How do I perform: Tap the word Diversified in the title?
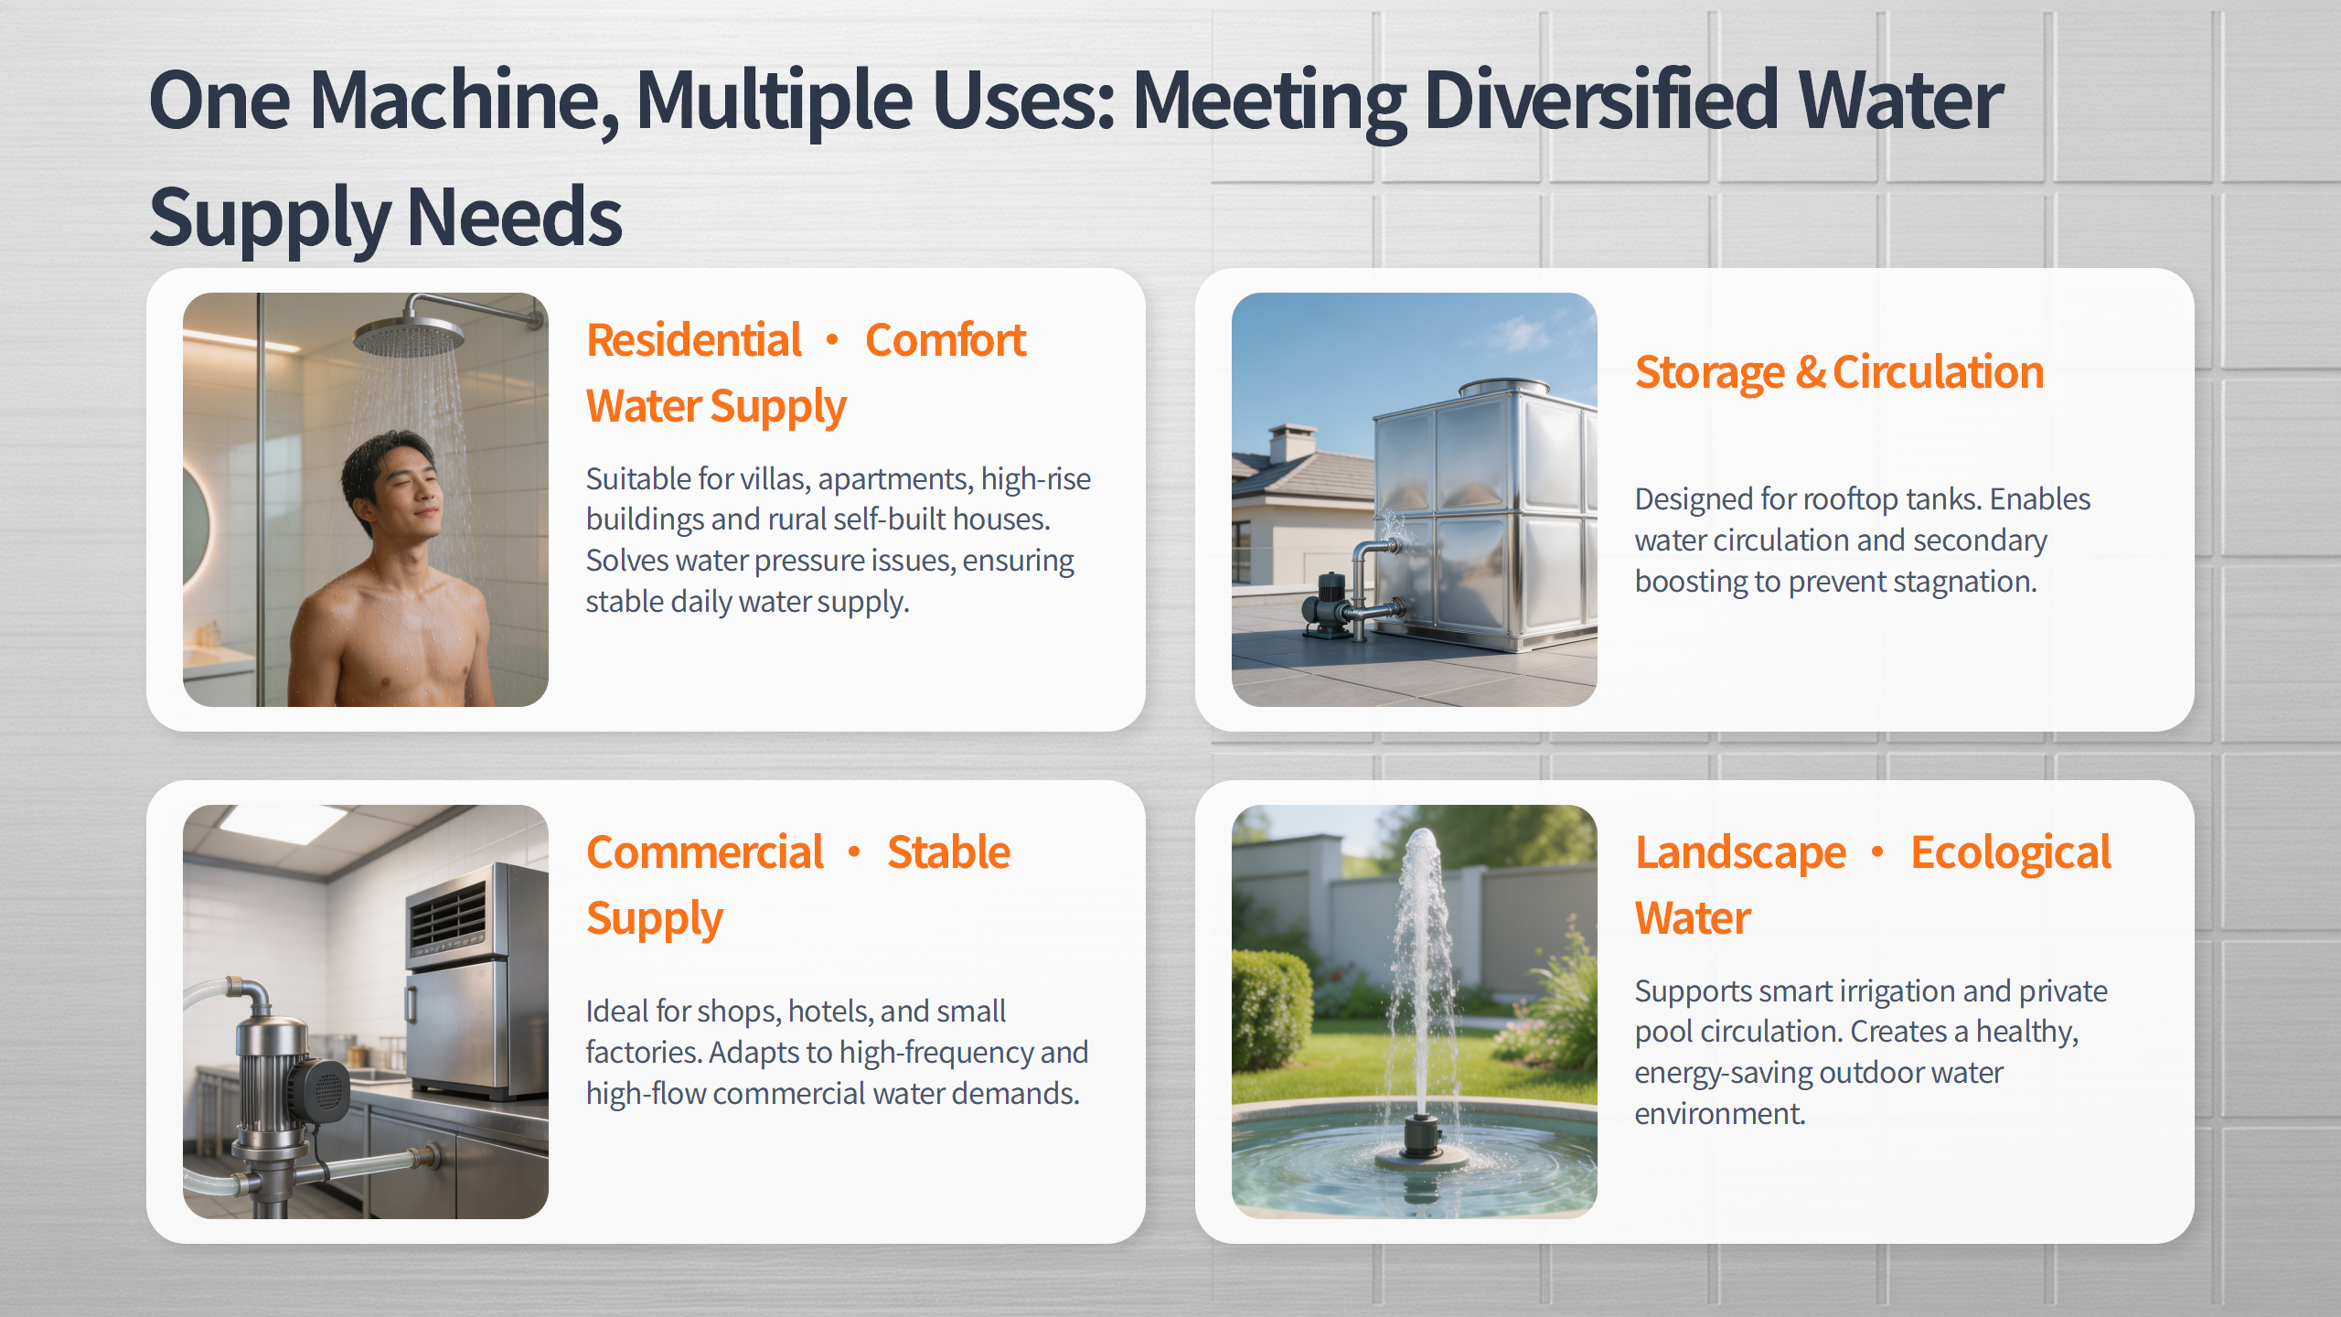tap(1601, 100)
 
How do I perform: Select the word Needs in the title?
tap(514, 217)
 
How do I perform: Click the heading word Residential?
tap(694, 340)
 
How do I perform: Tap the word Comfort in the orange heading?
tap(946, 340)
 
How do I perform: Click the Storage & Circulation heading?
tap(1839, 372)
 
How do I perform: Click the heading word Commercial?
tap(705, 852)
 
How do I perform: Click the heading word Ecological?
tap(2011, 853)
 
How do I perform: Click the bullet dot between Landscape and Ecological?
tap(1877, 852)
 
